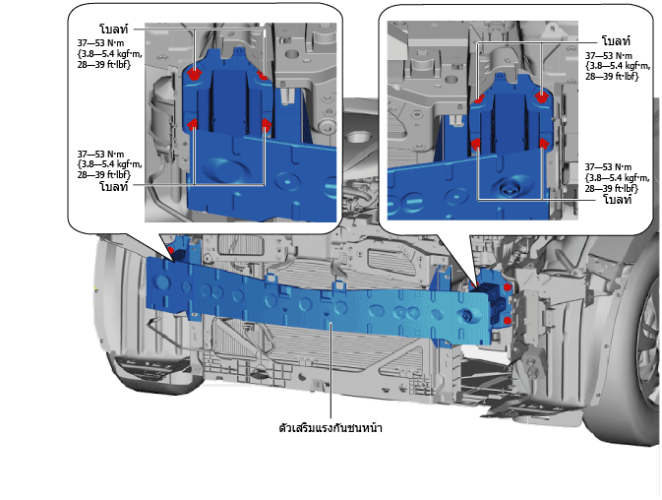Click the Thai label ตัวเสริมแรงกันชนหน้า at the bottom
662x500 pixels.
point(331,428)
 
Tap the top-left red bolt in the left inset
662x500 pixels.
point(194,75)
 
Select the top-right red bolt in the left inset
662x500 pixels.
point(263,76)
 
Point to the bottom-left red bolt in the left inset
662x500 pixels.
point(193,124)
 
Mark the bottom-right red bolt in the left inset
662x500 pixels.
point(266,123)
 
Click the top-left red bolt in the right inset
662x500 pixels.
point(479,99)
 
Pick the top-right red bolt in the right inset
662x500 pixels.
point(541,97)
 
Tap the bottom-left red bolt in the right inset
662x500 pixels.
point(476,145)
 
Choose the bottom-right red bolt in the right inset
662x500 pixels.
point(544,144)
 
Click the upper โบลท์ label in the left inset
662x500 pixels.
point(113,29)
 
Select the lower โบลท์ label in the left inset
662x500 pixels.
point(113,186)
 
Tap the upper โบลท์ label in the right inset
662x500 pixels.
point(616,41)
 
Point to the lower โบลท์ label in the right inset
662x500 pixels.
point(617,199)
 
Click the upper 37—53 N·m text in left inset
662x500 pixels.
point(100,43)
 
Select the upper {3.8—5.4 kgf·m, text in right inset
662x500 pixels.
point(618,66)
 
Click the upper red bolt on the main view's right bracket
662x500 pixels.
point(508,287)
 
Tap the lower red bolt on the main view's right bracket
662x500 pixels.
point(508,321)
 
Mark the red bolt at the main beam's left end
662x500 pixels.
point(170,250)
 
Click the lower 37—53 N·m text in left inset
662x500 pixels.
point(100,155)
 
